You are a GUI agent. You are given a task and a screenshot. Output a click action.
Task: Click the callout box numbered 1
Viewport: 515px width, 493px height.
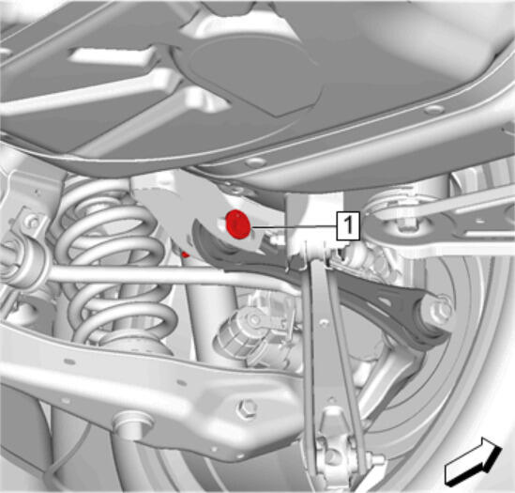pos(348,225)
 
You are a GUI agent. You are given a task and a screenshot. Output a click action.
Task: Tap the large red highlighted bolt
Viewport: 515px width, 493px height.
pos(238,224)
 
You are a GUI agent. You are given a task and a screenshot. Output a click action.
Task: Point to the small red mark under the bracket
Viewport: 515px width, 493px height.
pos(186,254)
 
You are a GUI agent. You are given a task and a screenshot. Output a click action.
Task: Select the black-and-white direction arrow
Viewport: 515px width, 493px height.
pos(473,460)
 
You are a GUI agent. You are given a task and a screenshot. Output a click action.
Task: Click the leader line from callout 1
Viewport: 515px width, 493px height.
pos(294,226)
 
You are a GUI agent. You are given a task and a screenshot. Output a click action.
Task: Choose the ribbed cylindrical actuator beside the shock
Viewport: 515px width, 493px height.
pos(243,333)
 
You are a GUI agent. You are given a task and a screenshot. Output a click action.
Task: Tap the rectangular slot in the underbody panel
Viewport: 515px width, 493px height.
pos(112,55)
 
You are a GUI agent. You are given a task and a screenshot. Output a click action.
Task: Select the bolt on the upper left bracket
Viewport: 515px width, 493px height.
pos(32,223)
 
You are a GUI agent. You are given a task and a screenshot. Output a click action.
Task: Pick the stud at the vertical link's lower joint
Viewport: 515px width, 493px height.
pos(378,460)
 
